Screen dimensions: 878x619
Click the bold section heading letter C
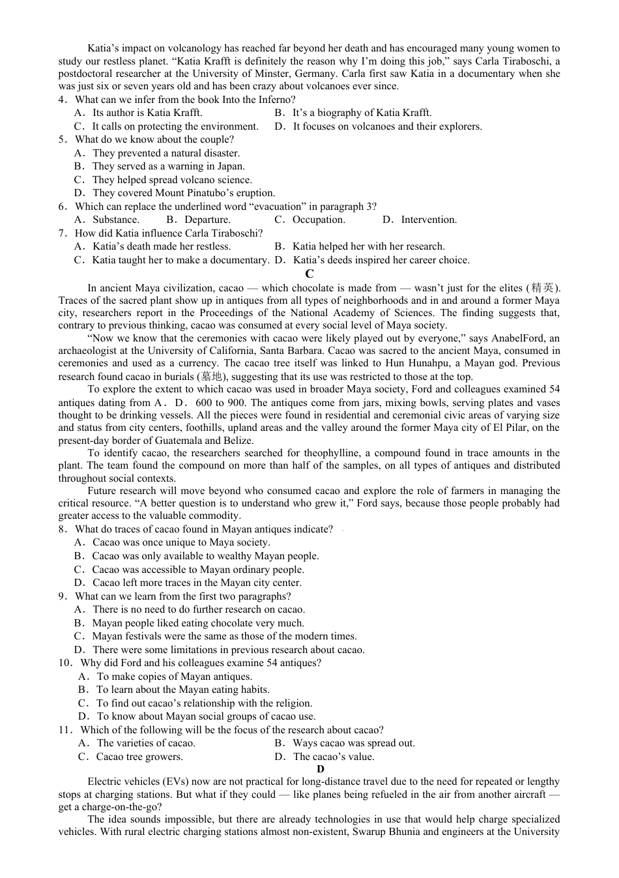tap(309, 274)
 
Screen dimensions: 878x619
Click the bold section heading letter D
tap(320, 769)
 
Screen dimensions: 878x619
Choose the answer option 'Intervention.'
tap(429, 220)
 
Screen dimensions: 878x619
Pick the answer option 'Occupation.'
tap(319, 220)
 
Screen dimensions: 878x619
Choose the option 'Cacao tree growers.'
tap(139, 757)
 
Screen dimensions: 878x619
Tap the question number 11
tap(65, 730)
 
